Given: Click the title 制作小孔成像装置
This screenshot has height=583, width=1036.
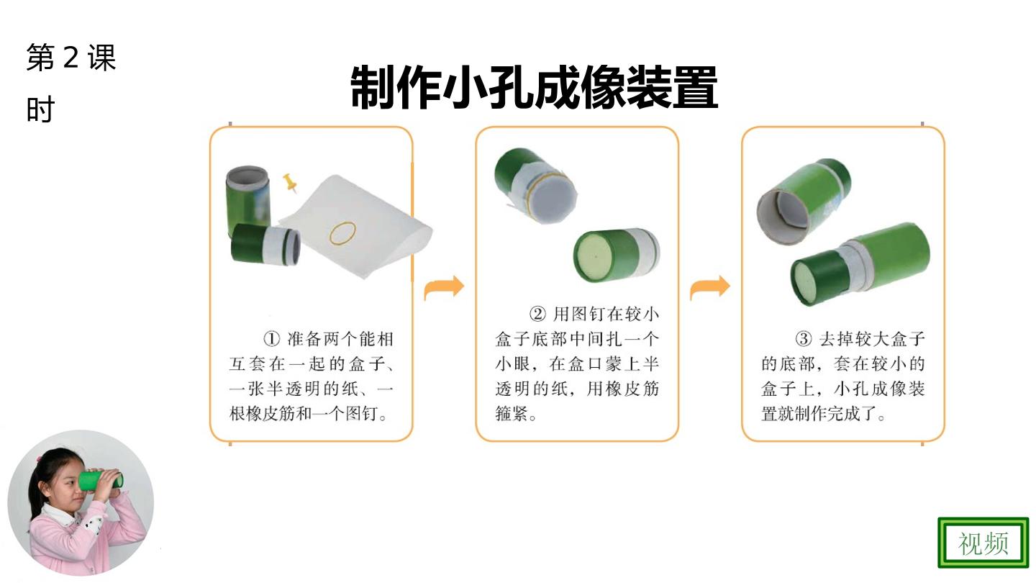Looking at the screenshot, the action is [x=534, y=87].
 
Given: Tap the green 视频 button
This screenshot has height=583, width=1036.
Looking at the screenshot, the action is [x=983, y=543].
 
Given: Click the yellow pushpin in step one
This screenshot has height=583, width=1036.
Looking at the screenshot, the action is [x=290, y=183].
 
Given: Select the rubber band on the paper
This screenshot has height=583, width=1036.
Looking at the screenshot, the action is [x=342, y=232].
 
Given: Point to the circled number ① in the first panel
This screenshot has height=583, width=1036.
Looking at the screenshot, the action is [x=271, y=339].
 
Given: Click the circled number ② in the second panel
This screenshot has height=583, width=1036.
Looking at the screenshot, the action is [x=537, y=314].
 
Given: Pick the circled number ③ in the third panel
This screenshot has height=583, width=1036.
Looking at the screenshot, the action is [x=804, y=339].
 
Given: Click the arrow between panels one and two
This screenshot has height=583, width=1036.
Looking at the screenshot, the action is [x=444, y=288].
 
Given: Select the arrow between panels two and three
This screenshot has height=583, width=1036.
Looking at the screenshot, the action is [x=710, y=288].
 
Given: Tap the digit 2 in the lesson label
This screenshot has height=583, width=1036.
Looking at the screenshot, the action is [x=71, y=58].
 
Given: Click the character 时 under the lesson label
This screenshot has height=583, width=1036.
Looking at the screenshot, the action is [x=41, y=109].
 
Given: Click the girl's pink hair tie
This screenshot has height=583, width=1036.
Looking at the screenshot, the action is [x=38, y=458].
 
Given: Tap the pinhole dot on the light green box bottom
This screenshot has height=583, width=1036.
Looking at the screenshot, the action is [x=596, y=256].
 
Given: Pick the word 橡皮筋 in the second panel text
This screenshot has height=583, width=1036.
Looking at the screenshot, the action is [x=622, y=389].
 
